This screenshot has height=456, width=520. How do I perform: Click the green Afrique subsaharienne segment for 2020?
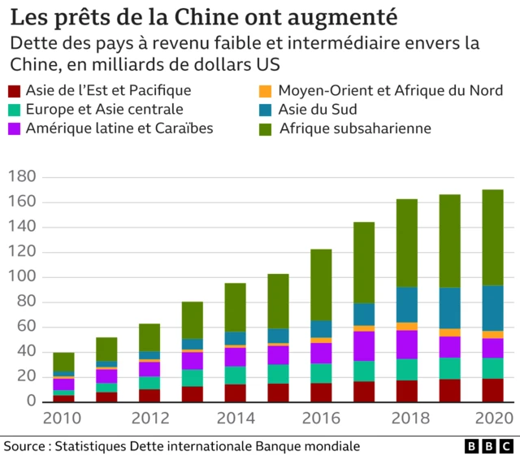[x=493, y=237]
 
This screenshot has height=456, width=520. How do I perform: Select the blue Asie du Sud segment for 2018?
[x=407, y=305]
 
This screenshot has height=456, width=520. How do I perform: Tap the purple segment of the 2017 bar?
[x=364, y=345]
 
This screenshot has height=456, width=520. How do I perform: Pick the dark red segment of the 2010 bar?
[x=63, y=398]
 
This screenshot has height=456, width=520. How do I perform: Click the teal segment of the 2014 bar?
[x=236, y=376]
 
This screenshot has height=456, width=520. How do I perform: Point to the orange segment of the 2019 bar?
[x=450, y=332]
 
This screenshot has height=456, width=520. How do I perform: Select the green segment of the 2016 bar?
[x=321, y=284]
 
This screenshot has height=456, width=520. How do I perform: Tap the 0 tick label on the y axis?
[x=30, y=402]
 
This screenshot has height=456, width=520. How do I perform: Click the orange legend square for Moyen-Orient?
[x=265, y=91]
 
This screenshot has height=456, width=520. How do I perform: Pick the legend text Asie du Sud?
[x=317, y=110]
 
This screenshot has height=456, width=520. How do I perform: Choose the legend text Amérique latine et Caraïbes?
[x=119, y=128]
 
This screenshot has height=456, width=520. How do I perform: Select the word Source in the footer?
[x=24, y=446]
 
